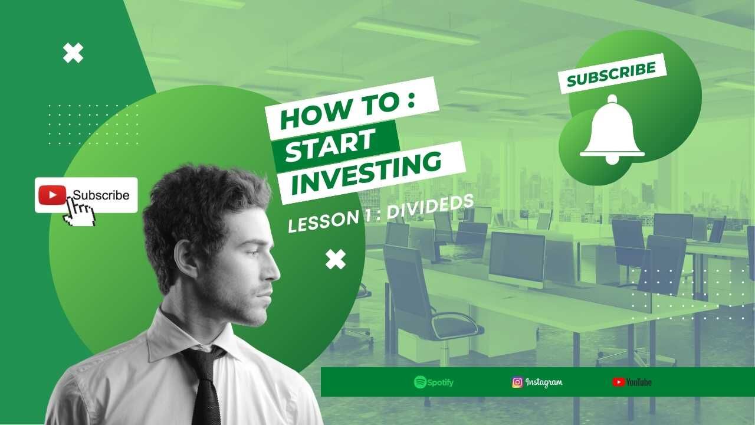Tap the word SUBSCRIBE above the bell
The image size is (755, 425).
612,74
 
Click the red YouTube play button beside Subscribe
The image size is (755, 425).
52,195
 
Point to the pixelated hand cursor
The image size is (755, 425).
80,212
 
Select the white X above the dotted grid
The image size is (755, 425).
73,53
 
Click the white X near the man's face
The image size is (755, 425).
336,259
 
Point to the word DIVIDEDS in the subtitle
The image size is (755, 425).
431,207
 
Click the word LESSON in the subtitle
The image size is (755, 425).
324,221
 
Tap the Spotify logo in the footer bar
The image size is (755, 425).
434,382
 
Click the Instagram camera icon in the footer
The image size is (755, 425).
517,382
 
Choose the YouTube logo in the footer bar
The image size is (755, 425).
632,382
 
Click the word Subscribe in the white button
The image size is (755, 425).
101,195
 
